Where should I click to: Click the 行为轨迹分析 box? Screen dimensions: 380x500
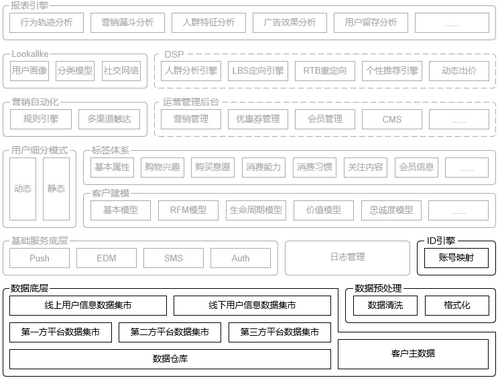(x=46, y=21)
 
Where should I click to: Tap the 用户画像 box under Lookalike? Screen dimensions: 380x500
(x=29, y=72)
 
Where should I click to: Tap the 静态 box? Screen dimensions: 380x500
(x=56, y=189)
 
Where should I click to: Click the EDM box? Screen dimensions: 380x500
(x=106, y=257)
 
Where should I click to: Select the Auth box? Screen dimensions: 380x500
(x=241, y=257)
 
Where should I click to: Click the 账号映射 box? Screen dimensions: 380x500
(x=455, y=258)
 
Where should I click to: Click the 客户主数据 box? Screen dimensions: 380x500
(x=413, y=353)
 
